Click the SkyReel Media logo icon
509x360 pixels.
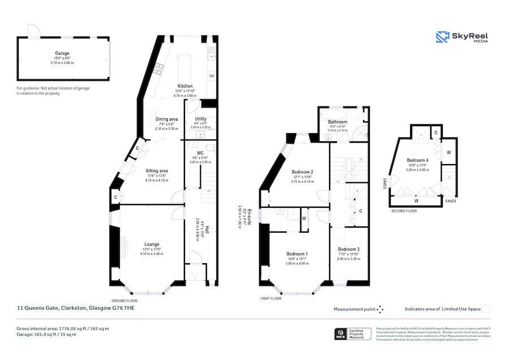click(442, 37)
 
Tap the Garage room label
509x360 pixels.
click(62, 53)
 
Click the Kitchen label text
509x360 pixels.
click(186, 86)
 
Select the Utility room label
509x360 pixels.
click(200, 119)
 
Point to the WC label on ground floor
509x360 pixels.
click(200, 153)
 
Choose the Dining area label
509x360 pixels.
click(167, 119)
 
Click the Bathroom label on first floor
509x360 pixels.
click(338, 122)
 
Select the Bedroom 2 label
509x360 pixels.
click(302, 172)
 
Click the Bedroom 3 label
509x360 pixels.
click(348, 249)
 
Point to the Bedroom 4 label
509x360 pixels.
click(417, 160)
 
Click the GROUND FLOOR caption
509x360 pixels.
click(124, 301)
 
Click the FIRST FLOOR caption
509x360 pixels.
click(271, 298)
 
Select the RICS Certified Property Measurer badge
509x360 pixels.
click(353, 334)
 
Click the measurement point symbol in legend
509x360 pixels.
click(380, 309)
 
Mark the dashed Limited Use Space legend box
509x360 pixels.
click(486, 309)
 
